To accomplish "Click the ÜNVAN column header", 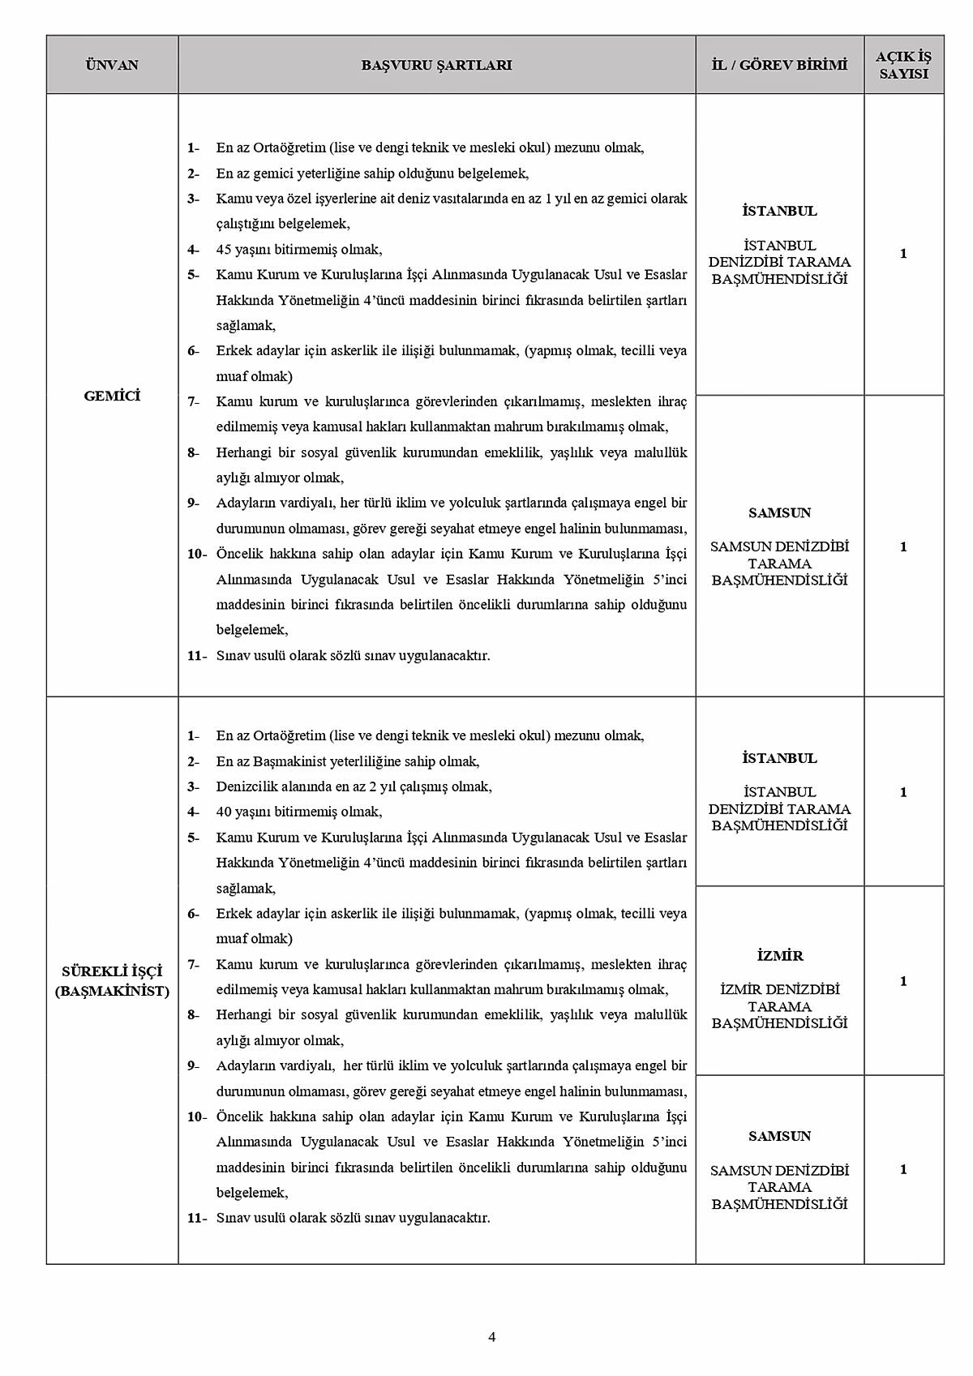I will tap(112, 65).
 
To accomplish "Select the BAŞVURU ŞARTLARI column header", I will tap(436, 65).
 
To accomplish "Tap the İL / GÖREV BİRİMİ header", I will tap(779, 65).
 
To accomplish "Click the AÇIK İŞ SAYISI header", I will tap(903, 65).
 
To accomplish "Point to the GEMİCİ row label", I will tap(112, 396).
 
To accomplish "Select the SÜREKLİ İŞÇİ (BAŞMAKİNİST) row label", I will tap(112, 980).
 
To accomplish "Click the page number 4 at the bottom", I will tap(491, 1337).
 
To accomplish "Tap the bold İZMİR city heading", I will tap(779, 956).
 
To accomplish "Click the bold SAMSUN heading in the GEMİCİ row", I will tap(779, 512).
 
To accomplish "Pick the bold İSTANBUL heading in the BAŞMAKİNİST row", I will tap(779, 758).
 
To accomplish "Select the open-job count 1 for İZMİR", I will tap(903, 981).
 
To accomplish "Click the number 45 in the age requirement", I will tap(224, 250).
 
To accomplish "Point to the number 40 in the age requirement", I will tap(224, 812).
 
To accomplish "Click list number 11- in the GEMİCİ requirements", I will tap(197, 655).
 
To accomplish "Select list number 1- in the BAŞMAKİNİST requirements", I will tap(193, 736).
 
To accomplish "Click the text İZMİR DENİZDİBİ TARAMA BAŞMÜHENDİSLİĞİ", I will tap(779, 1006).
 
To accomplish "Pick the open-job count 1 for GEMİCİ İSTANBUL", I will tap(903, 254).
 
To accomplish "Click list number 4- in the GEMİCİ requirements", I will tap(193, 250).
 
